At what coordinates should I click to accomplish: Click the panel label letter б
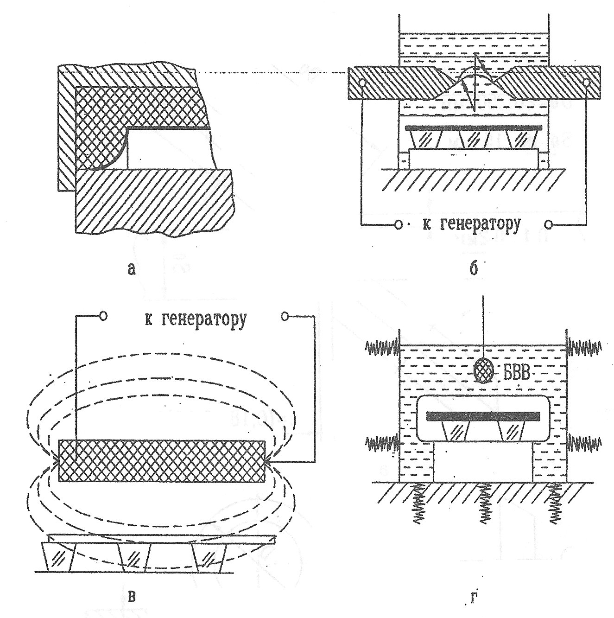473,268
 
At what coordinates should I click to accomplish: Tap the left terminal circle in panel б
398,225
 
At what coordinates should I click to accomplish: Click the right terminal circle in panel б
549,225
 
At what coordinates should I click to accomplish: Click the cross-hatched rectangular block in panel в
162,461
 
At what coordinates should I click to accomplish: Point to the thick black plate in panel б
473,127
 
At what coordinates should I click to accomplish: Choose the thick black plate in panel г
483,415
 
